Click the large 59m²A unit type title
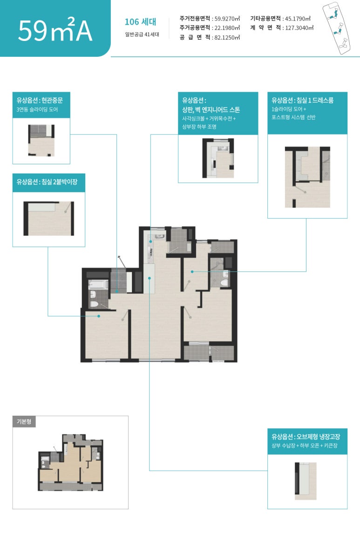pos(55,29)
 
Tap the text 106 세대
pos(140,22)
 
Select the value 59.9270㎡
pos(227,19)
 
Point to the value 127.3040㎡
pos(299,28)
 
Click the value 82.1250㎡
pos(227,38)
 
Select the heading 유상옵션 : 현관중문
pos(40,100)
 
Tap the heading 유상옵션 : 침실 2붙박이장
pos(47,182)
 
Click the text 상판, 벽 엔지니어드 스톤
pos(211,110)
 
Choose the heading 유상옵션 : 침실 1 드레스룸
pos(302,100)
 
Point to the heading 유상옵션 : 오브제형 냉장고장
pos(306,437)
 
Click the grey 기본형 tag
pos(24,422)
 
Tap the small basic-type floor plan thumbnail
pos(71,463)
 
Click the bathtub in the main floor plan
pos(98,285)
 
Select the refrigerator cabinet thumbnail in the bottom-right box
pos(306,481)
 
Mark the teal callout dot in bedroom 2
pos(99,316)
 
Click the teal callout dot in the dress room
pos(192,272)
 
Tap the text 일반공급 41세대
pos(142,34)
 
